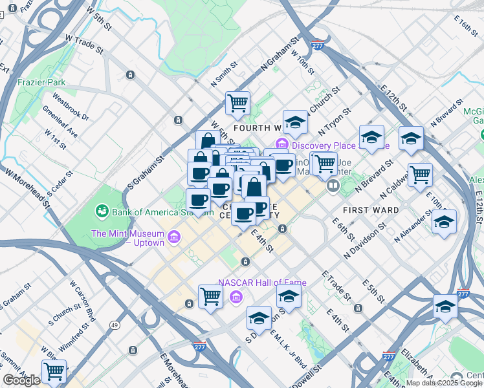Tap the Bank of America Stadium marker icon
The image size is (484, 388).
(102, 211)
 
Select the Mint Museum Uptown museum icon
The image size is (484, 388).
(173, 239)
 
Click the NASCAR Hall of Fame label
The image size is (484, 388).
(262, 283)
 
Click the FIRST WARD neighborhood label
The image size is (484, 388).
(371, 210)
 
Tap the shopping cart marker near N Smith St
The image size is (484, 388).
(237, 102)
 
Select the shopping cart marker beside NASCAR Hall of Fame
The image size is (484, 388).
(210, 296)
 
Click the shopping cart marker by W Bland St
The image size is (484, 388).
(54, 371)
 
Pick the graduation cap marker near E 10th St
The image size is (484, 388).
(444, 222)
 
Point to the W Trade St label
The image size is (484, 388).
(84, 43)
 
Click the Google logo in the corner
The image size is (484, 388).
(21, 380)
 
